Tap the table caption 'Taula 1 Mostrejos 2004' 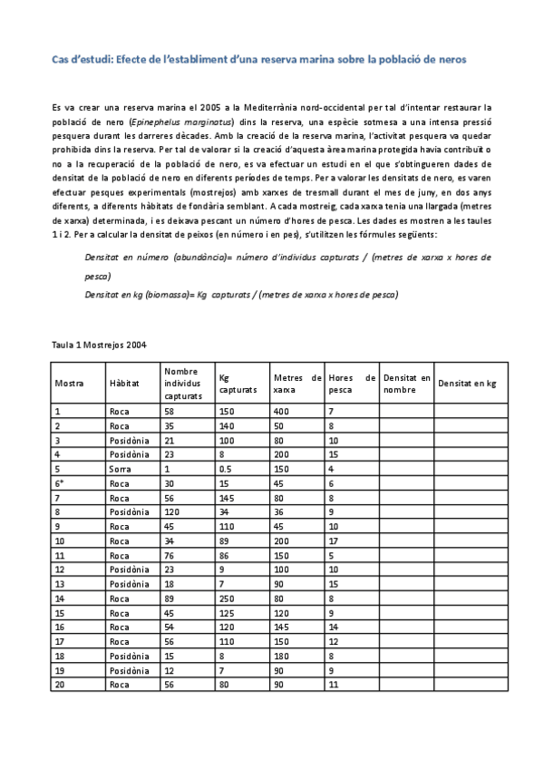pos(99,346)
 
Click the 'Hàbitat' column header pos(123,383)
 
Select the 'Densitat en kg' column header pos(467,383)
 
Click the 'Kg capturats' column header pos(238,383)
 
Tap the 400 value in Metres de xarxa pos(281,412)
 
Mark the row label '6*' pos(60,483)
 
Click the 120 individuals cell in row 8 pos(173,512)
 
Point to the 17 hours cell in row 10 pos(334,541)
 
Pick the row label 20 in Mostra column pos(60,685)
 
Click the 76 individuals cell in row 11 pos(170,556)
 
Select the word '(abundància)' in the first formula pos(178,258)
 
